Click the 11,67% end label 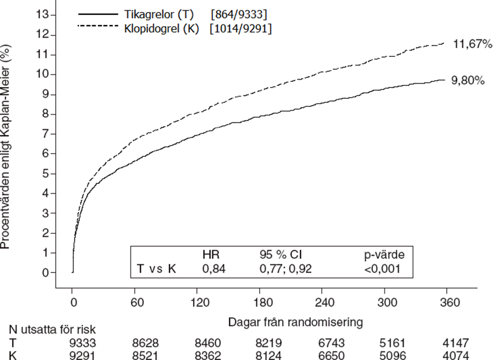coord(469,44)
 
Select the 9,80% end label coord(468,81)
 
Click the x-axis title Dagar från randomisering coord(295,322)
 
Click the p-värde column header coord(388,253)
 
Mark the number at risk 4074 coord(453,355)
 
